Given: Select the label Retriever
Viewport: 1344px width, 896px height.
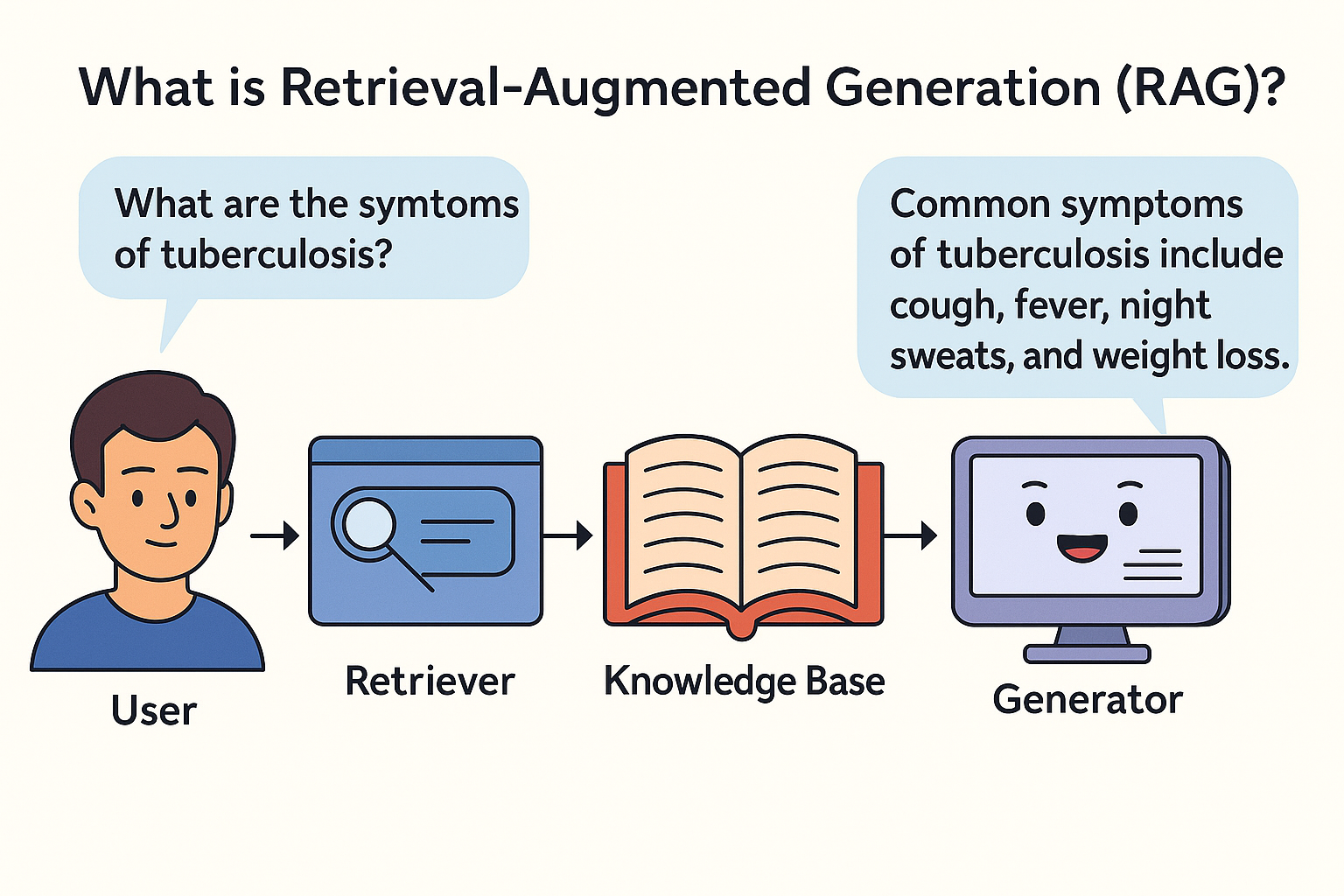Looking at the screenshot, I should [x=430, y=682].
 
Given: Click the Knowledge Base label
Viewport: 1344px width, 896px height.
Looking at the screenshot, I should [x=744, y=682].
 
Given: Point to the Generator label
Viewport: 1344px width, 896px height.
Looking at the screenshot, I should [x=1088, y=700].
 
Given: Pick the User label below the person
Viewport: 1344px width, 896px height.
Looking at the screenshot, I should [x=154, y=710].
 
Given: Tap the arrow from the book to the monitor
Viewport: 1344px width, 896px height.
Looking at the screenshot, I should [x=910, y=535].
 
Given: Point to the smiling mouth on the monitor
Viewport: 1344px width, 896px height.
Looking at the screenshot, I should [x=1081, y=549].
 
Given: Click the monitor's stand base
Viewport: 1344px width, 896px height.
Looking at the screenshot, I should [x=1087, y=654].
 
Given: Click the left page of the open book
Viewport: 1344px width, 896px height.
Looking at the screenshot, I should [x=683, y=525].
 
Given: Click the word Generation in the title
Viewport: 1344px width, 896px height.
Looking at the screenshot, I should [x=962, y=87].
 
